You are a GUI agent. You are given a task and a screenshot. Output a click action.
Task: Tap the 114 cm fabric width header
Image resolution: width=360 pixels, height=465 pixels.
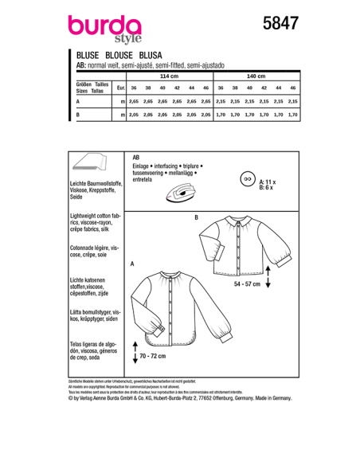tap(169, 76)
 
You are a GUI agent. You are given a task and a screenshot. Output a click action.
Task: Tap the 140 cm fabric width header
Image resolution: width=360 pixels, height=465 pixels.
tap(256, 76)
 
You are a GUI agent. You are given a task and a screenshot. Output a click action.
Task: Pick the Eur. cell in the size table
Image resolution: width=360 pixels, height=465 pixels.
tap(120, 88)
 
